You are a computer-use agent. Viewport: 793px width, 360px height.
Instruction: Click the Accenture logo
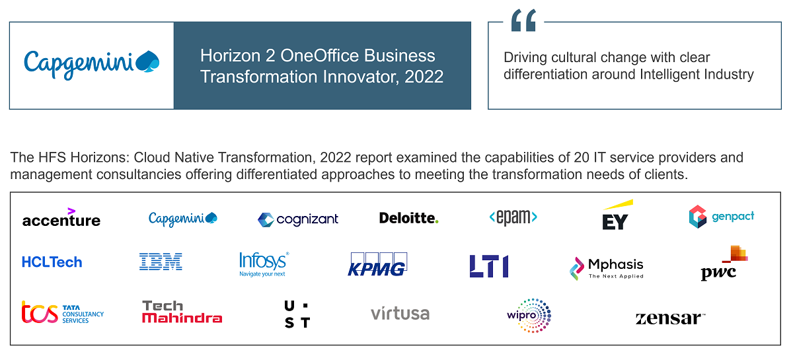tap(61, 218)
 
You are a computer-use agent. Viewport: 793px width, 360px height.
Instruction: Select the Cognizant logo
tap(298, 219)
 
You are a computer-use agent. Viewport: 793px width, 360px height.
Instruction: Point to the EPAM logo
tap(513, 217)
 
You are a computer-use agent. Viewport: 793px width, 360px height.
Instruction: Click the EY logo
tap(616, 216)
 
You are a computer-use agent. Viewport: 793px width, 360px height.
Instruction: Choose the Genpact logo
tap(721, 217)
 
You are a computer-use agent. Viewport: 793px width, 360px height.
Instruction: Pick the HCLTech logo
tap(52, 262)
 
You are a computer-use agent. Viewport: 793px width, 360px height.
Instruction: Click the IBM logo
tap(161, 262)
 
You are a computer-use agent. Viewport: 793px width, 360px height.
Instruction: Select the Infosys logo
tap(264, 264)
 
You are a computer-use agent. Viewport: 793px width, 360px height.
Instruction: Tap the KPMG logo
tap(377, 264)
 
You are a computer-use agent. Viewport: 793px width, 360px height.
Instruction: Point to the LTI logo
tap(489, 266)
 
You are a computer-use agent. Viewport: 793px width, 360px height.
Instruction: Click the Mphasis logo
tap(607, 268)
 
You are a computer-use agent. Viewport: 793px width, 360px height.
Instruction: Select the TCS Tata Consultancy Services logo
tap(63, 312)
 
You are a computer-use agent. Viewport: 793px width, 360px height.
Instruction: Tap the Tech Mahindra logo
tap(182, 312)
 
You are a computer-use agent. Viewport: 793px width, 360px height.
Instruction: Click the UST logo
tap(297, 314)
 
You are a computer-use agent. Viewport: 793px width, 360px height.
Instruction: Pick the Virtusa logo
tap(400, 313)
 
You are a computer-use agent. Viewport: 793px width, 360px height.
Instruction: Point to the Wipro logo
tap(529, 315)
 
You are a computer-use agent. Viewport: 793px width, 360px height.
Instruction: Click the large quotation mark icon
tap(523, 22)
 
